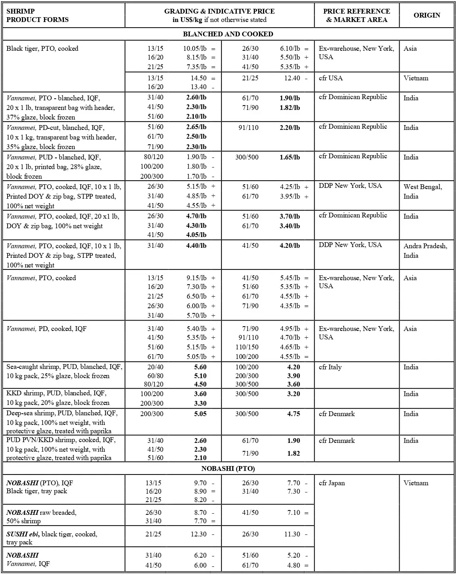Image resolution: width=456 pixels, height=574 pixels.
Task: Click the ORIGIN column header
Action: point(427,15)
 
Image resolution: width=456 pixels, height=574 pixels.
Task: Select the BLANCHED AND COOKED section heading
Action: point(228,34)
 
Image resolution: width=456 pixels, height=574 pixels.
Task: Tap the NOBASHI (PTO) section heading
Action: point(228,468)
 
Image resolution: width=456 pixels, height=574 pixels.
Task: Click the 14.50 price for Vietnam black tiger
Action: point(198,78)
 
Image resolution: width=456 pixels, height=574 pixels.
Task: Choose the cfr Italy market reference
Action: point(330,367)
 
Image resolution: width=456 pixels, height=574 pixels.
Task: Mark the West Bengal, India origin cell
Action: point(422,191)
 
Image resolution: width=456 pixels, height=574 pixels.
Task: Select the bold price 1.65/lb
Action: point(290,157)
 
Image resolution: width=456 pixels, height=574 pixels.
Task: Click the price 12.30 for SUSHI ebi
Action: point(199,534)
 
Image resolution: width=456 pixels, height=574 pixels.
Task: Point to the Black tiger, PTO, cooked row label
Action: point(42,48)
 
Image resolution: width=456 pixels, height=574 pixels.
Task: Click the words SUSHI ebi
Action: point(23,534)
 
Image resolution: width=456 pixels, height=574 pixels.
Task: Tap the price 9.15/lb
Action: point(196,278)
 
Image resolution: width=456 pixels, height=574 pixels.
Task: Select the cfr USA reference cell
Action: point(331,78)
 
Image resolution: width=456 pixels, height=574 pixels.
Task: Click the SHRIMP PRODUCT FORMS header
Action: point(37,15)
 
